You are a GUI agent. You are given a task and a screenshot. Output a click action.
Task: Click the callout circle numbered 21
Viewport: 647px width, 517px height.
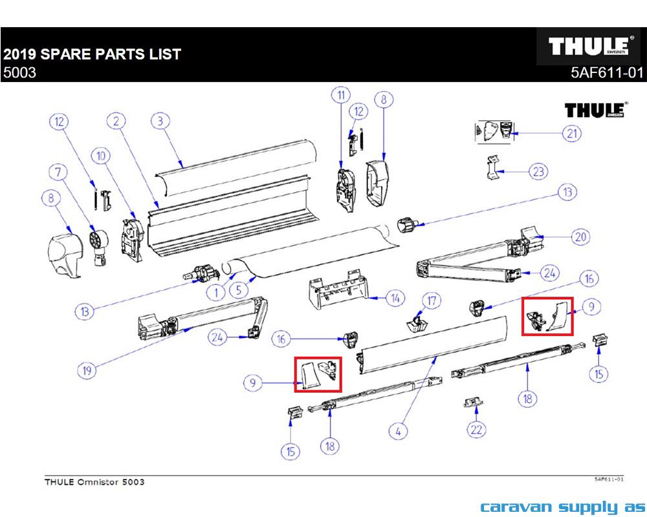pyautogui.click(x=571, y=134)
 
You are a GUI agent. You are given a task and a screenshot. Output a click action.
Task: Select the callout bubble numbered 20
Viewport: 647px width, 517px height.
pyautogui.click(x=581, y=237)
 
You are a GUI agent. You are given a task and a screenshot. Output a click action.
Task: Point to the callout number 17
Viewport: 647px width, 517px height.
pyautogui.click(x=431, y=300)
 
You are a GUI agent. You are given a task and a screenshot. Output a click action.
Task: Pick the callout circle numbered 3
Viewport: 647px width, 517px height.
pyautogui.click(x=160, y=121)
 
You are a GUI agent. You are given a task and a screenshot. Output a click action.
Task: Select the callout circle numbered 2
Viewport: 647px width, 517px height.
pyautogui.click(x=116, y=121)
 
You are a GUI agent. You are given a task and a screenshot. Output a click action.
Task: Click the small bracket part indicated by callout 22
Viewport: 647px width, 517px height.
pyautogui.click(x=472, y=403)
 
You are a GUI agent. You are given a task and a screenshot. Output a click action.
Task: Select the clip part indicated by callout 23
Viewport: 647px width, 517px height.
pyautogui.click(x=493, y=168)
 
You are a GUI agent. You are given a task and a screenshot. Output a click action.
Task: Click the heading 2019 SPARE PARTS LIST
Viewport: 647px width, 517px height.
pyautogui.click(x=92, y=54)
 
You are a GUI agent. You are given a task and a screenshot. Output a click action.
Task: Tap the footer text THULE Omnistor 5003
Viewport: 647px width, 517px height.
pyautogui.click(x=94, y=482)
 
